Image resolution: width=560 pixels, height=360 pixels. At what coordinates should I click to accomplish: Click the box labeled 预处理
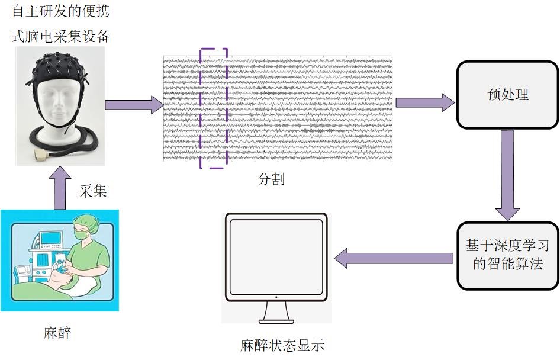(507, 95)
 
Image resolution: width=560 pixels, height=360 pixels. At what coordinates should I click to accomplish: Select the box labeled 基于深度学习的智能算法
(508, 255)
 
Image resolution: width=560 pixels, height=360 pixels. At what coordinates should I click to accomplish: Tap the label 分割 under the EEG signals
(271, 179)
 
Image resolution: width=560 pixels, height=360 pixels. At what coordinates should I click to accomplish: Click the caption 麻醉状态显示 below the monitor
(282, 346)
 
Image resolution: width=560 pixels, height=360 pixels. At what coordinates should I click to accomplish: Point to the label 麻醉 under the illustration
(57, 333)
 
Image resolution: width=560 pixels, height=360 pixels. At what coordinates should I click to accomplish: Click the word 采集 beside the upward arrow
(93, 191)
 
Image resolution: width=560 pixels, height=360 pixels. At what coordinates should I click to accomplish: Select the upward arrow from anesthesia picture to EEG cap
(60, 188)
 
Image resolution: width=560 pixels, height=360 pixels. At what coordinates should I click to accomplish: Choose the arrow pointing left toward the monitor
(394, 258)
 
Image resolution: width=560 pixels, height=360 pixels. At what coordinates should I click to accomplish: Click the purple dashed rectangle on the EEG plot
(214, 108)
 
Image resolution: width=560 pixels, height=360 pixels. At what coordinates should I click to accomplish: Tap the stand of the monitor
(276, 312)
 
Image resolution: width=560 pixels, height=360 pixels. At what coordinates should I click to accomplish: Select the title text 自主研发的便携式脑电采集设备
(61, 24)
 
